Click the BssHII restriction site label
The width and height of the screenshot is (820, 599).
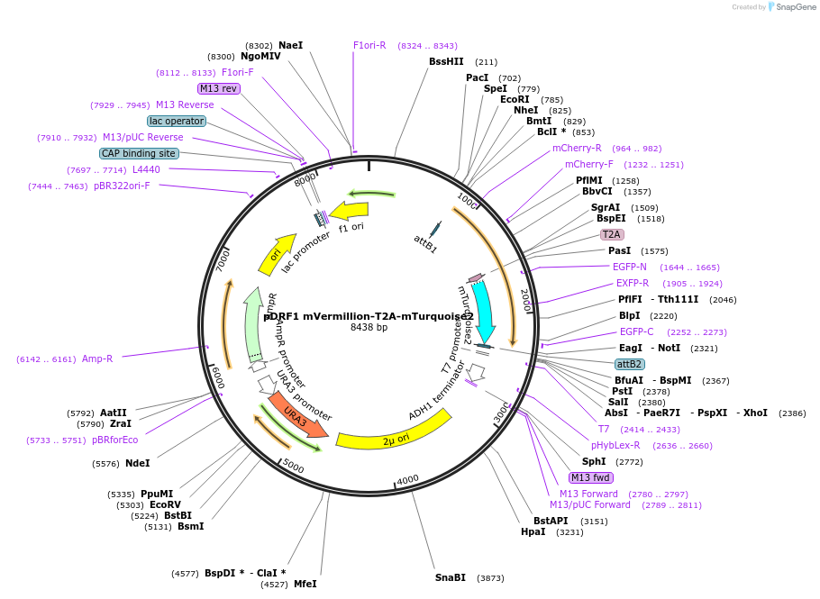(x=446, y=62)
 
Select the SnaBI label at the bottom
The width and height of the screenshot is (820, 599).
(x=451, y=577)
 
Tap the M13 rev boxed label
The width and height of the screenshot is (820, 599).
(x=218, y=88)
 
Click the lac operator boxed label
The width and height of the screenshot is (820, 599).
(x=177, y=121)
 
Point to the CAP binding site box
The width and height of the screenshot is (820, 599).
(x=139, y=154)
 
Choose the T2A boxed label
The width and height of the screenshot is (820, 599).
(x=612, y=234)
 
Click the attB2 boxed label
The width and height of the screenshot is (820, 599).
(x=629, y=364)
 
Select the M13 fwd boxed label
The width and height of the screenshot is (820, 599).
(x=591, y=477)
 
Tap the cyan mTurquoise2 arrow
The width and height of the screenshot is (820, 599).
(x=484, y=311)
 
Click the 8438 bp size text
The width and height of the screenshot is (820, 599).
(x=369, y=328)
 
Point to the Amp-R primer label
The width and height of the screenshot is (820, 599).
(x=97, y=358)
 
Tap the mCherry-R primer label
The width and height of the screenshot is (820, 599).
(x=577, y=148)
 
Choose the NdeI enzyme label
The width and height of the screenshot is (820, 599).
(x=138, y=463)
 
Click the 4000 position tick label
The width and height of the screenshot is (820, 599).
(x=407, y=479)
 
